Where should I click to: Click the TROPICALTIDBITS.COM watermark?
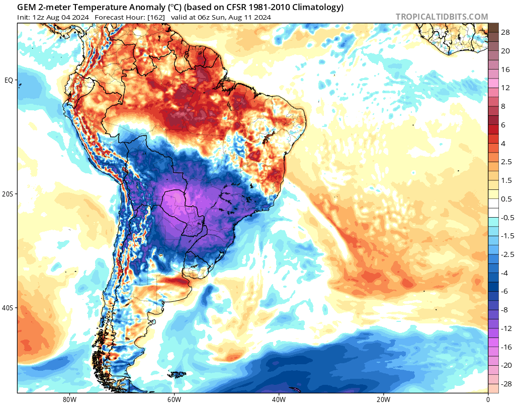[442, 17]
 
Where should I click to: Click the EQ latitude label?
[9, 80]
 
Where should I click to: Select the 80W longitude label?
[69, 398]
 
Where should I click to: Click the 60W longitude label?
[174, 398]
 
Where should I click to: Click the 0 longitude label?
[488, 398]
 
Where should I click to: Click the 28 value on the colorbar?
[505, 32]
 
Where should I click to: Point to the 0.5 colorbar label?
[507, 199]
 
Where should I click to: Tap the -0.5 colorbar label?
[507, 218]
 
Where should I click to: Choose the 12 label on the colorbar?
[505, 88]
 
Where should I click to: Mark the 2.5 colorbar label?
[507, 162]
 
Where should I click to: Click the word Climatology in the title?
[317, 8]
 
